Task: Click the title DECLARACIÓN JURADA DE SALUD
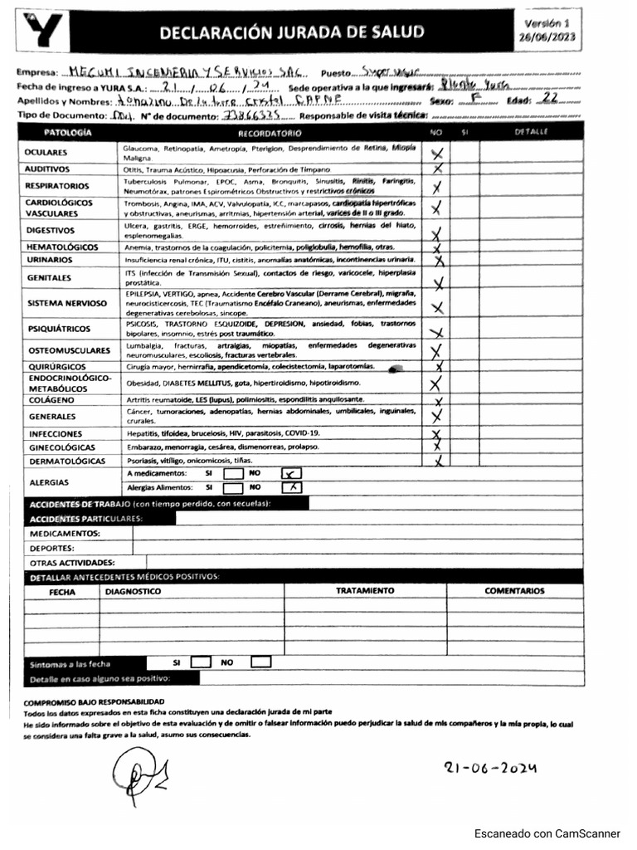click(291, 32)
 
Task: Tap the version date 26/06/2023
click(547, 37)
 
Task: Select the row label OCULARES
click(46, 153)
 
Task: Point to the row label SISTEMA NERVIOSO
click(66, 304)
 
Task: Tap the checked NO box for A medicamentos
click(292, 473)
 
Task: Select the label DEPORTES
click(52, 548)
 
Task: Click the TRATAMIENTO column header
click(365, 591)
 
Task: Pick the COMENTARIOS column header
click(514, 591)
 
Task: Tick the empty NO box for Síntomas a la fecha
click(261, 662)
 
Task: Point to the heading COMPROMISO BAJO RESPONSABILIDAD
click(93, 702)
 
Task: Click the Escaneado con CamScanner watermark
click(547, 833)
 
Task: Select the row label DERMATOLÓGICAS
click(66, 461)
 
